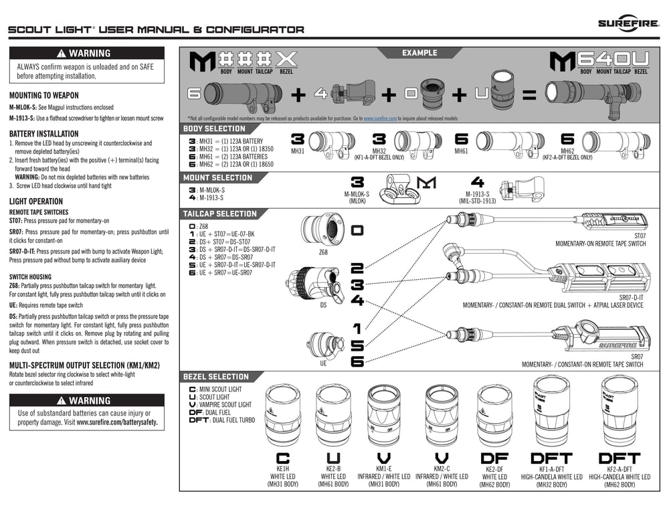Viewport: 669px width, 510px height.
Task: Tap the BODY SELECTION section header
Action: [214, 129]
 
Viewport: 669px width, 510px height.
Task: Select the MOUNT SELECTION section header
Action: [217, 178]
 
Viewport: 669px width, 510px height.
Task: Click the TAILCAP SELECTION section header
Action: [219, 214]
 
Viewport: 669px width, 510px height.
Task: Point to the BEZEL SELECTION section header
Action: [215, 377]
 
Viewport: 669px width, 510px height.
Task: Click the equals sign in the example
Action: [529, 96]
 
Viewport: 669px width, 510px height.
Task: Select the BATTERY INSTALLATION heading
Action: [44, 134]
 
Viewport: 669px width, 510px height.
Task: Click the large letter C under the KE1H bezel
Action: [283, 458]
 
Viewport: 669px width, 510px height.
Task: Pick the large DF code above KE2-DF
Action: [495, 458]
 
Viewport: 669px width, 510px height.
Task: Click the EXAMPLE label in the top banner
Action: [419, 53]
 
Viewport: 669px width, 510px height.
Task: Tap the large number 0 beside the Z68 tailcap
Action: [357, 230]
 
